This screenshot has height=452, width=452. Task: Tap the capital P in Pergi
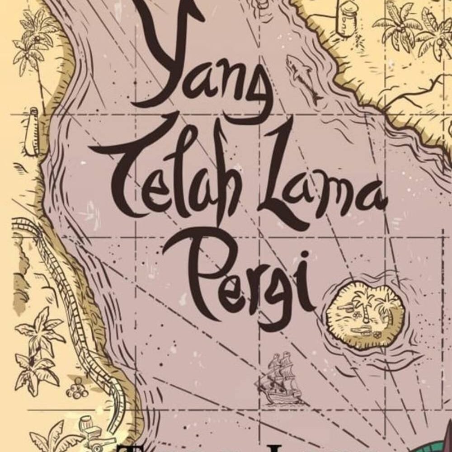190,271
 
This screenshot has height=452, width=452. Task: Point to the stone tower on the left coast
33,131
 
